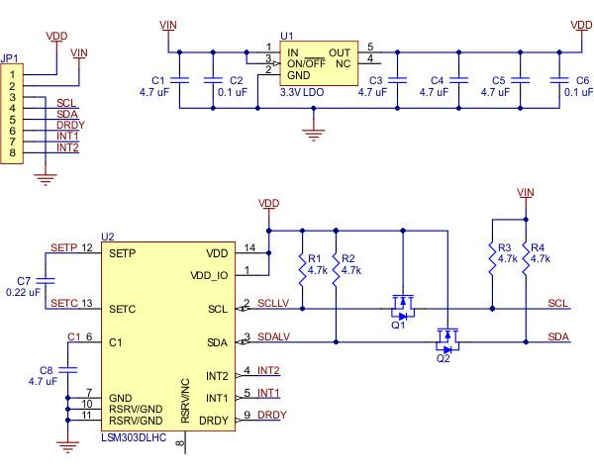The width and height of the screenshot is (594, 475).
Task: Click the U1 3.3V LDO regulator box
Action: (x=316, y=60)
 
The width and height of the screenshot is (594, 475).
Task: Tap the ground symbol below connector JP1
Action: (x=44, y=178)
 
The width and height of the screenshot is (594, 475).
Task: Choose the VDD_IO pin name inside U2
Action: (x=210, y=275)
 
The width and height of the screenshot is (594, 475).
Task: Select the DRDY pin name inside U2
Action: (x=213, y=421)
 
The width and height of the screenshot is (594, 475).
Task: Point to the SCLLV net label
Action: (x=273, y=302)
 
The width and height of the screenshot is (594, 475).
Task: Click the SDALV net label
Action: (x=274, y=336)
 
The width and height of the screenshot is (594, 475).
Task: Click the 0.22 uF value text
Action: (x=22, y=292)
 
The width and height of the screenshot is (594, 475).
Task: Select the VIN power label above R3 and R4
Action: (x=525, y=192)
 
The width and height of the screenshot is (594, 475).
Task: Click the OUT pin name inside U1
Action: (x=340, y=51)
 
